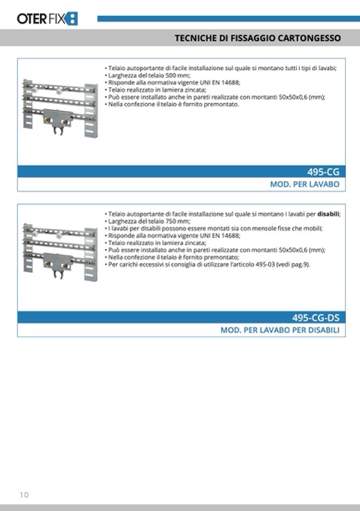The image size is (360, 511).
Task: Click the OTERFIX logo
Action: pos(47,19)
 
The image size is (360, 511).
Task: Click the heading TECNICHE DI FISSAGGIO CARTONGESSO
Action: pos(258,38)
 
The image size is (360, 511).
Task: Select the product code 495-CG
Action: pos(323,172)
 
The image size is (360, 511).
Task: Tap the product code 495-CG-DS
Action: pos(316,318)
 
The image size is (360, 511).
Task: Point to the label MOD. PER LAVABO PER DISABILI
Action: pos(280,330)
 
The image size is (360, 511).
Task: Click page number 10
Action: pos(24,494)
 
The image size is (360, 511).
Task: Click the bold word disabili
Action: pos(328,214)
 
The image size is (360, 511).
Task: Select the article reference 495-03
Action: pos(265,265)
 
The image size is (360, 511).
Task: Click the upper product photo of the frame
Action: pos(60,108)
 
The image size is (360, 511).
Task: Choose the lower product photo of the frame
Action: pos(60,252)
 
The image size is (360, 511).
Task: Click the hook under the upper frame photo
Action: pos(58,131)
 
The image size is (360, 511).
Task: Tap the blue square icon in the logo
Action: pos(72,19)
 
